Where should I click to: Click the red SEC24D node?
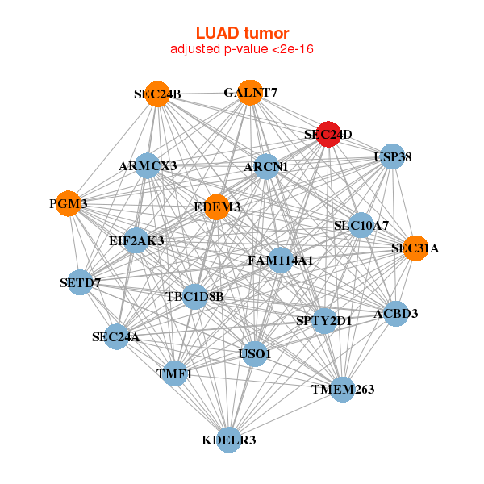328,135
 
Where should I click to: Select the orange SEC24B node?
159,94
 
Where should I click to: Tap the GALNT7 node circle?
250,92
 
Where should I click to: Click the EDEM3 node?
217,207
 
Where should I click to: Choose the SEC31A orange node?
415,248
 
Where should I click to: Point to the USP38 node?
391,156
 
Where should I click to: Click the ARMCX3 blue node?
147,165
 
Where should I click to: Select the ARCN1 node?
266,167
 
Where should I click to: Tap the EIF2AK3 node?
136,240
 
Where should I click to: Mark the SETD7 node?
79,282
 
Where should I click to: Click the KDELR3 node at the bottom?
229,440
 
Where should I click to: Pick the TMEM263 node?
343,390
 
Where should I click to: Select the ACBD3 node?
395,313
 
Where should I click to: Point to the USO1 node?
255,353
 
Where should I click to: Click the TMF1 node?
175,373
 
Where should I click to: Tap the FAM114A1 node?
280,261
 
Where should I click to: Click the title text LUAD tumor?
242,33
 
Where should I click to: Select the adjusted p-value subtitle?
242,49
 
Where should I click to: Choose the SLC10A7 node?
361,226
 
